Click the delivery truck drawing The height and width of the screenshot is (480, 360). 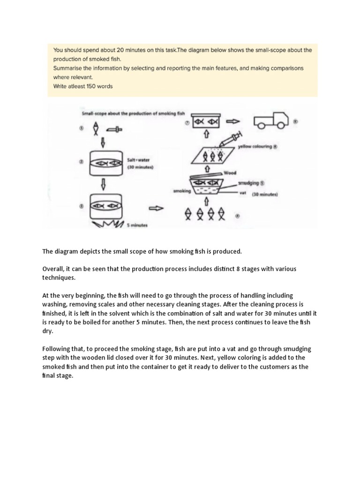[x=270, y=121]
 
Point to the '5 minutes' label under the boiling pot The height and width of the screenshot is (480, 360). [x=137, y=225]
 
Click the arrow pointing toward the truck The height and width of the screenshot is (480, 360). [x=233, y=121]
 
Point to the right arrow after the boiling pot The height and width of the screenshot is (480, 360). [x=156, y=209]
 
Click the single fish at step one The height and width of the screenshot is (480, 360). [x=96, y=127]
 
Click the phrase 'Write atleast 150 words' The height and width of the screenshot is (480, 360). [x=82, y=86]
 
